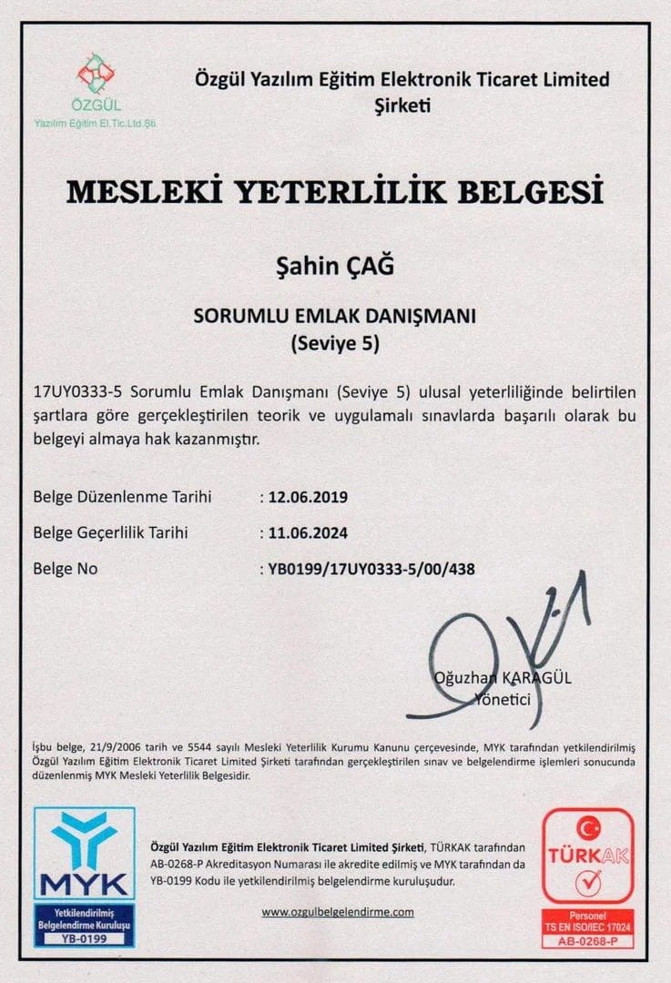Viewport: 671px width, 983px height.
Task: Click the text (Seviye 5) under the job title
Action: click(335, 345)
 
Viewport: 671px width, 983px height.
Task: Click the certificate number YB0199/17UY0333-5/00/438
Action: click(371, 569)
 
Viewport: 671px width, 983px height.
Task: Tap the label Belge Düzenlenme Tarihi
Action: click(122, 497)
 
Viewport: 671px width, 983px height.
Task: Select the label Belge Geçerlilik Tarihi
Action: click(117, 532)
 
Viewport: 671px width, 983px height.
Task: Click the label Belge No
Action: click(65, 569)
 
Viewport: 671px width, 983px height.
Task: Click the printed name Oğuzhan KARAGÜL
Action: click(503, 678)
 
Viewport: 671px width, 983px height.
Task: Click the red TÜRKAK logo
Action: click(587, 856)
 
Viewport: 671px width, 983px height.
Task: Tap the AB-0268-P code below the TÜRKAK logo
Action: click(587, 941)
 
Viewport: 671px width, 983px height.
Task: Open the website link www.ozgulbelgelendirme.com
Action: click(338, 911)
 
